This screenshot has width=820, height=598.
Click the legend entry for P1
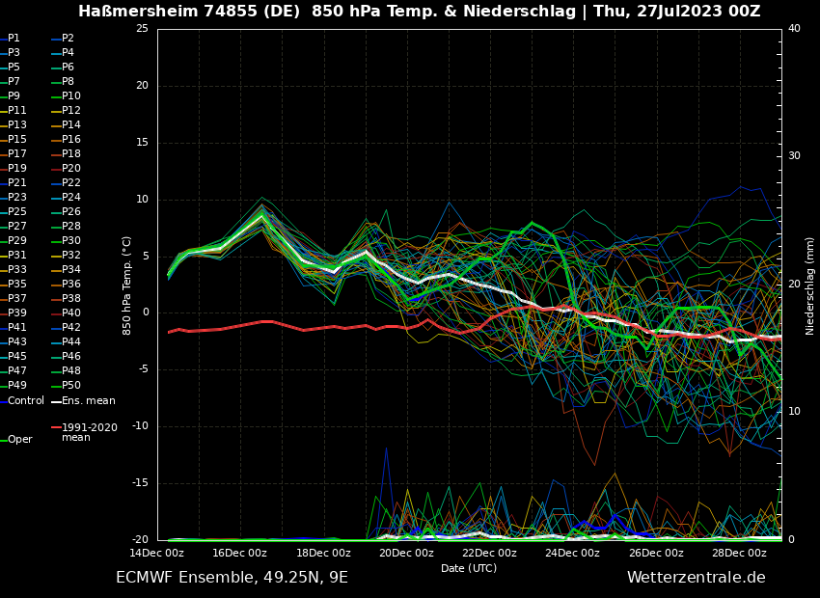(14, 39)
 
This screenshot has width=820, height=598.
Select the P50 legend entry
(70, 386)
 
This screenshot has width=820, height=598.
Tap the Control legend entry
(25, 400)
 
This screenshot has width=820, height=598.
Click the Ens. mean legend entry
(88, 400)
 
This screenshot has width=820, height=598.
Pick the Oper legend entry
(19, 440)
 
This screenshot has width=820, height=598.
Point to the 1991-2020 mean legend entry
(89, 432)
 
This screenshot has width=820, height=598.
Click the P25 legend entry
(16, 212)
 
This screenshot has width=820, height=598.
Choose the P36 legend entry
(70, 285)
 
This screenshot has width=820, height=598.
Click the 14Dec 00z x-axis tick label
(156, 553)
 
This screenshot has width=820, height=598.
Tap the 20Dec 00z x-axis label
(406, 553)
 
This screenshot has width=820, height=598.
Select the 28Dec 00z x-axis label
(739, 553)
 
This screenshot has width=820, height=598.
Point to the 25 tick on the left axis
(142, 29)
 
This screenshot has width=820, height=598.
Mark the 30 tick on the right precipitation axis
(794, 156)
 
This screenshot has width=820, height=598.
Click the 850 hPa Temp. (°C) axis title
(127, 285)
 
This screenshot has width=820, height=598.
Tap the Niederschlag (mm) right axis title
(810, 285)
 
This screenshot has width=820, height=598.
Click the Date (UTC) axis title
(469, 568)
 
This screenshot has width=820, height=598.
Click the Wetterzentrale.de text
(696, 578)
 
